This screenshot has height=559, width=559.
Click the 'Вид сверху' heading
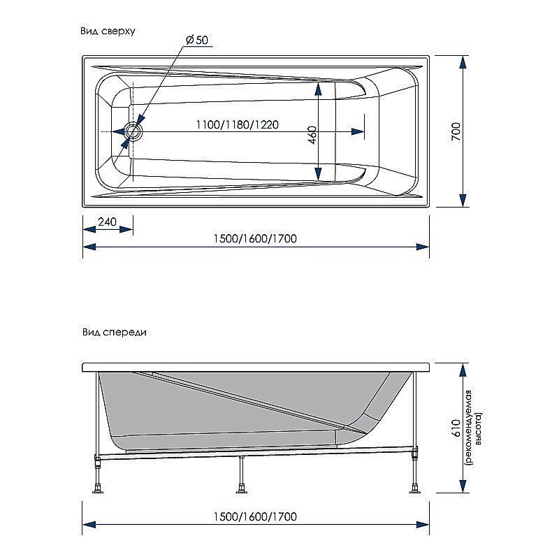[108, 31]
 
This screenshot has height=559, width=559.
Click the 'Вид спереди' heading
[113, 333]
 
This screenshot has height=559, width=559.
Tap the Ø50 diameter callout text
[198, 41]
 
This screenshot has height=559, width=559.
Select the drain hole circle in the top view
[133, 131]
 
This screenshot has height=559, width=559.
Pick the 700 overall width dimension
[455, 131]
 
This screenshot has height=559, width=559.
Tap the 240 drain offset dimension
[107, 222]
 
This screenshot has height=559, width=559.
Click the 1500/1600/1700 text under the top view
[255, 238]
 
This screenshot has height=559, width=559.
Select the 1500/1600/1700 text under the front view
[255, 516]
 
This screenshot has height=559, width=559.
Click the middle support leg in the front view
[242, 475]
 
